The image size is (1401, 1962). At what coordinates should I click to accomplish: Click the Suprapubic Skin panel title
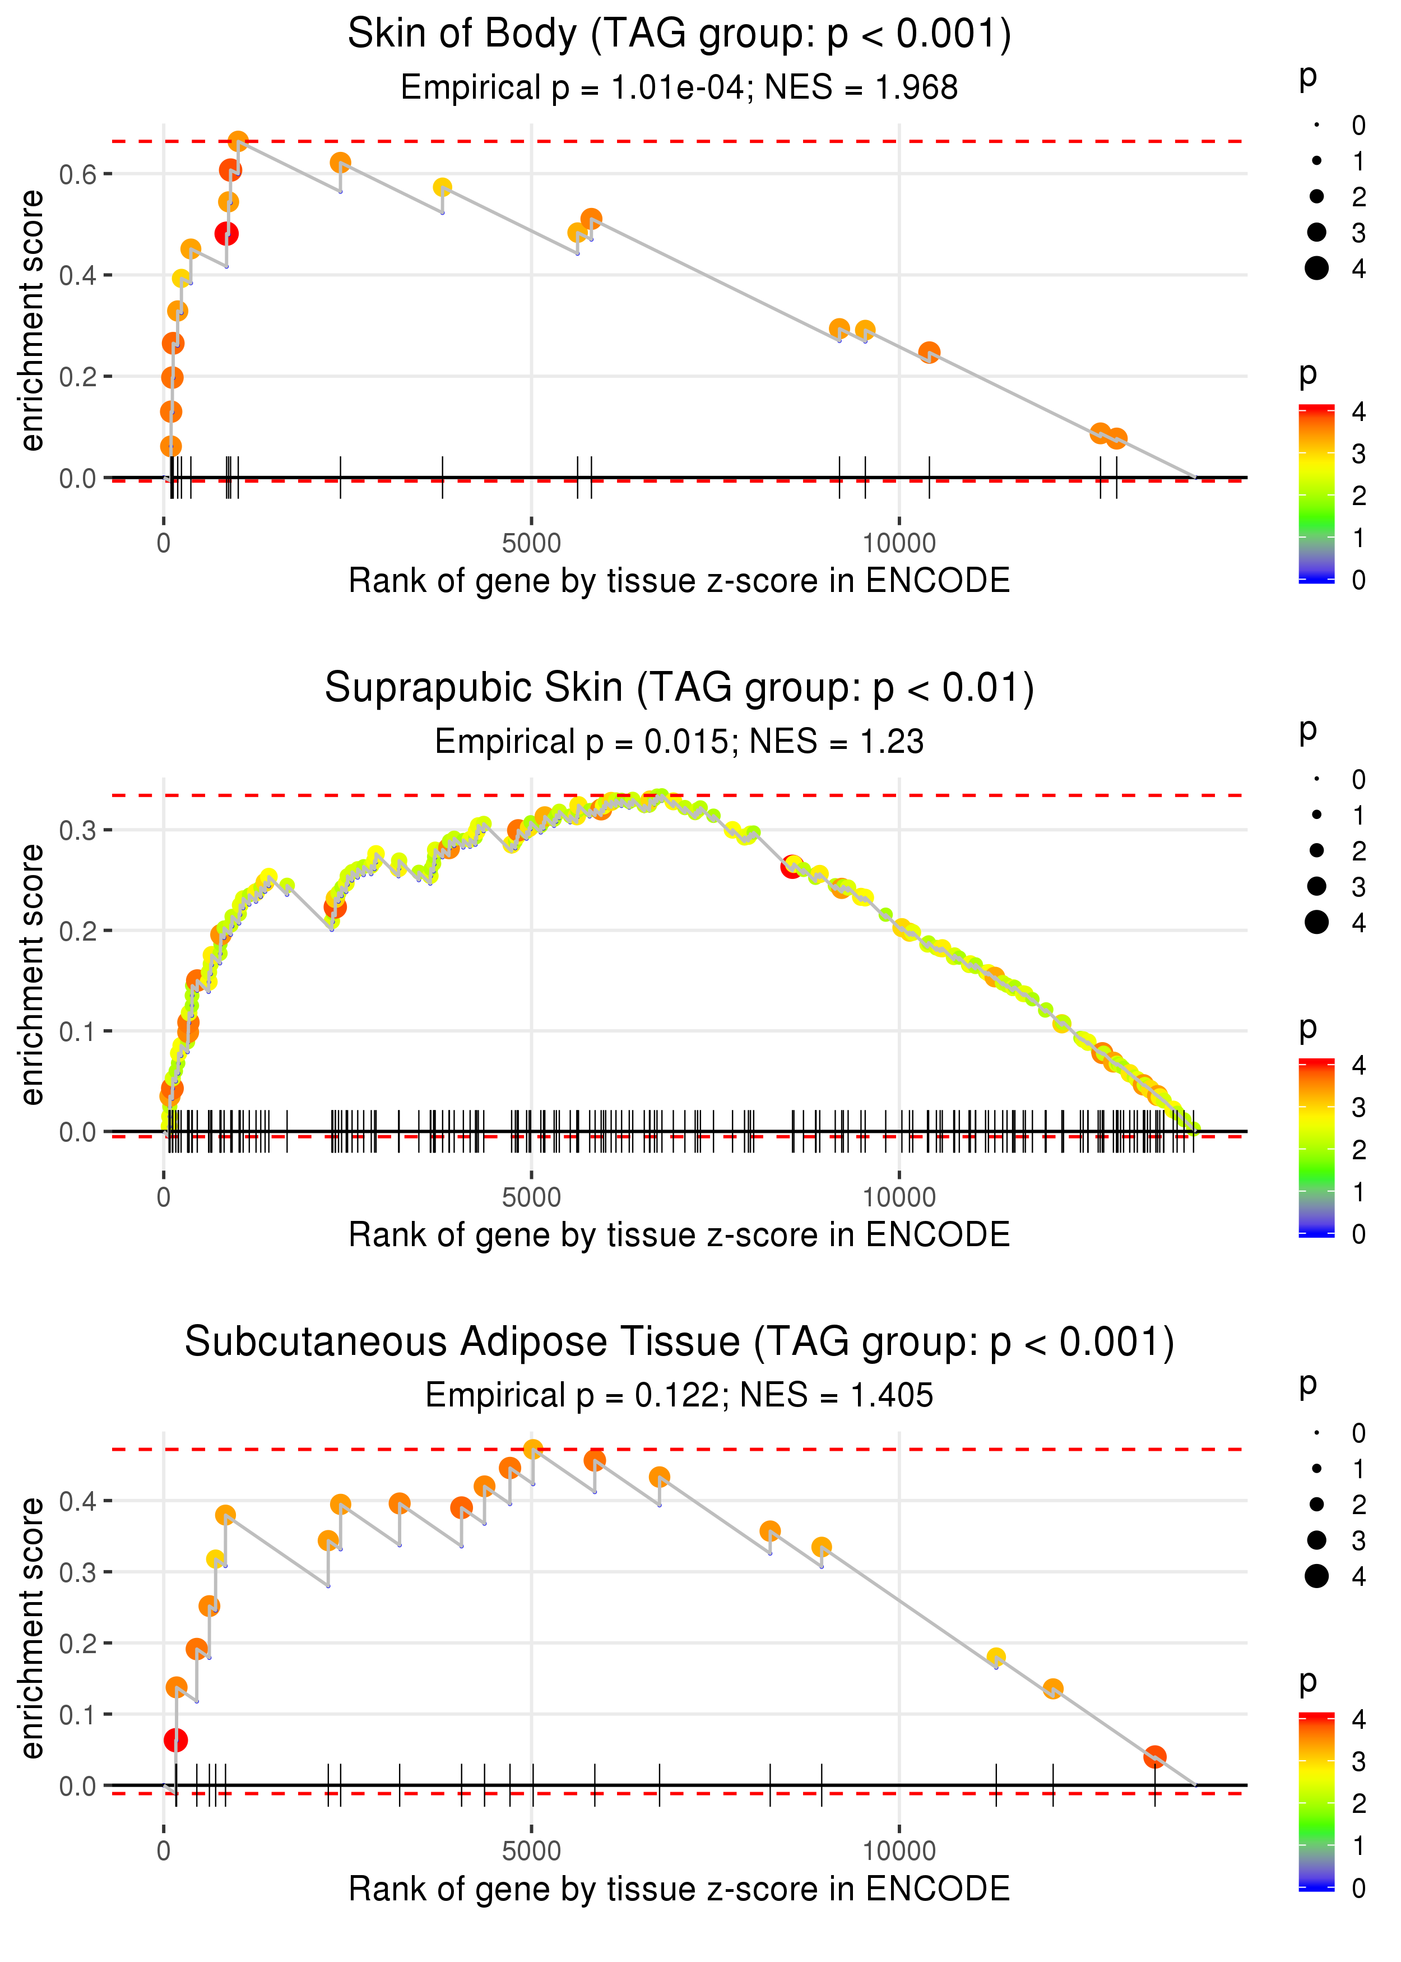(679, 688)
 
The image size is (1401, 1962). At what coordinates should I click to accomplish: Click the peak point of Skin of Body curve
(238, 141)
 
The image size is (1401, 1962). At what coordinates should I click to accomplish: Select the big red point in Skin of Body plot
(226, 234)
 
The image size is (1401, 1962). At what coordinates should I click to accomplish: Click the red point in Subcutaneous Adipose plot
(175, 1740)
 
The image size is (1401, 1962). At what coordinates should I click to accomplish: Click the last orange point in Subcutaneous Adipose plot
(1154, 1757)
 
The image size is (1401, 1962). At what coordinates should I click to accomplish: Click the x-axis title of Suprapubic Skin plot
(679, 1235)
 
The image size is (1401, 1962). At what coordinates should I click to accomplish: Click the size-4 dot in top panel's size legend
(1316, 269)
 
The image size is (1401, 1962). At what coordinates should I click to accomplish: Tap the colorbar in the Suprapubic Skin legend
(1316, 1147)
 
